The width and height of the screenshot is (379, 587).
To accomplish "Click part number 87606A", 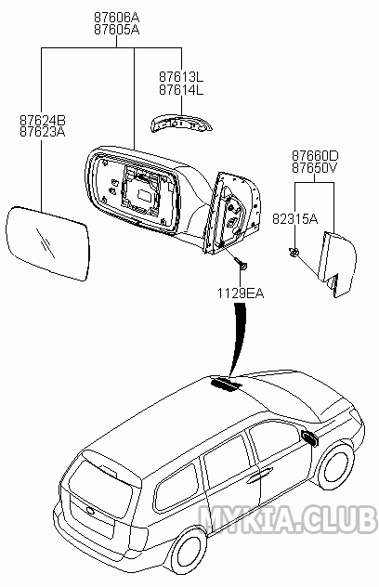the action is (x=116, y=18).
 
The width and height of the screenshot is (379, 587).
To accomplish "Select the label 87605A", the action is (x=116, y=30).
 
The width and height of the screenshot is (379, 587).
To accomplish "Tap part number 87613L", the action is (x=181, y=77).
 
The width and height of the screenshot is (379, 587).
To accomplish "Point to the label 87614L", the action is (x=181, y=90).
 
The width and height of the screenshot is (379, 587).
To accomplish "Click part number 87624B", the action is (x=43, y=120).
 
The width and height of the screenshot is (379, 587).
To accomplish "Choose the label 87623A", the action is (x=43, y=132).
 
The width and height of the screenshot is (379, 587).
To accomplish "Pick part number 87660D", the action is (x=315, y=155).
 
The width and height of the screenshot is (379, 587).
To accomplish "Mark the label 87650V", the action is (x=315, y=168).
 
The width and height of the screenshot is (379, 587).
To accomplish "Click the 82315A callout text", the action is (x=295, y=218).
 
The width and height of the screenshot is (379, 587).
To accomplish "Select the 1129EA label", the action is (x=241, y=293).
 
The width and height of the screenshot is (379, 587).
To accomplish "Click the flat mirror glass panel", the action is (x=48, y=243).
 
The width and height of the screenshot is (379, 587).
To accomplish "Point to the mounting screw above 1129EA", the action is (x=241, y=264).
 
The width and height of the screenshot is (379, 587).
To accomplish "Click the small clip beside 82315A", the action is (x=294, y=253).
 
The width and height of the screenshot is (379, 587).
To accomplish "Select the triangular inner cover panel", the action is (x=337, y=264).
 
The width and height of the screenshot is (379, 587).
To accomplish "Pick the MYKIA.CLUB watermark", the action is (x=286, y=518).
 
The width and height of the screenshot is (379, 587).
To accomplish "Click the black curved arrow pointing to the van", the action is (x=239, y=339).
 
